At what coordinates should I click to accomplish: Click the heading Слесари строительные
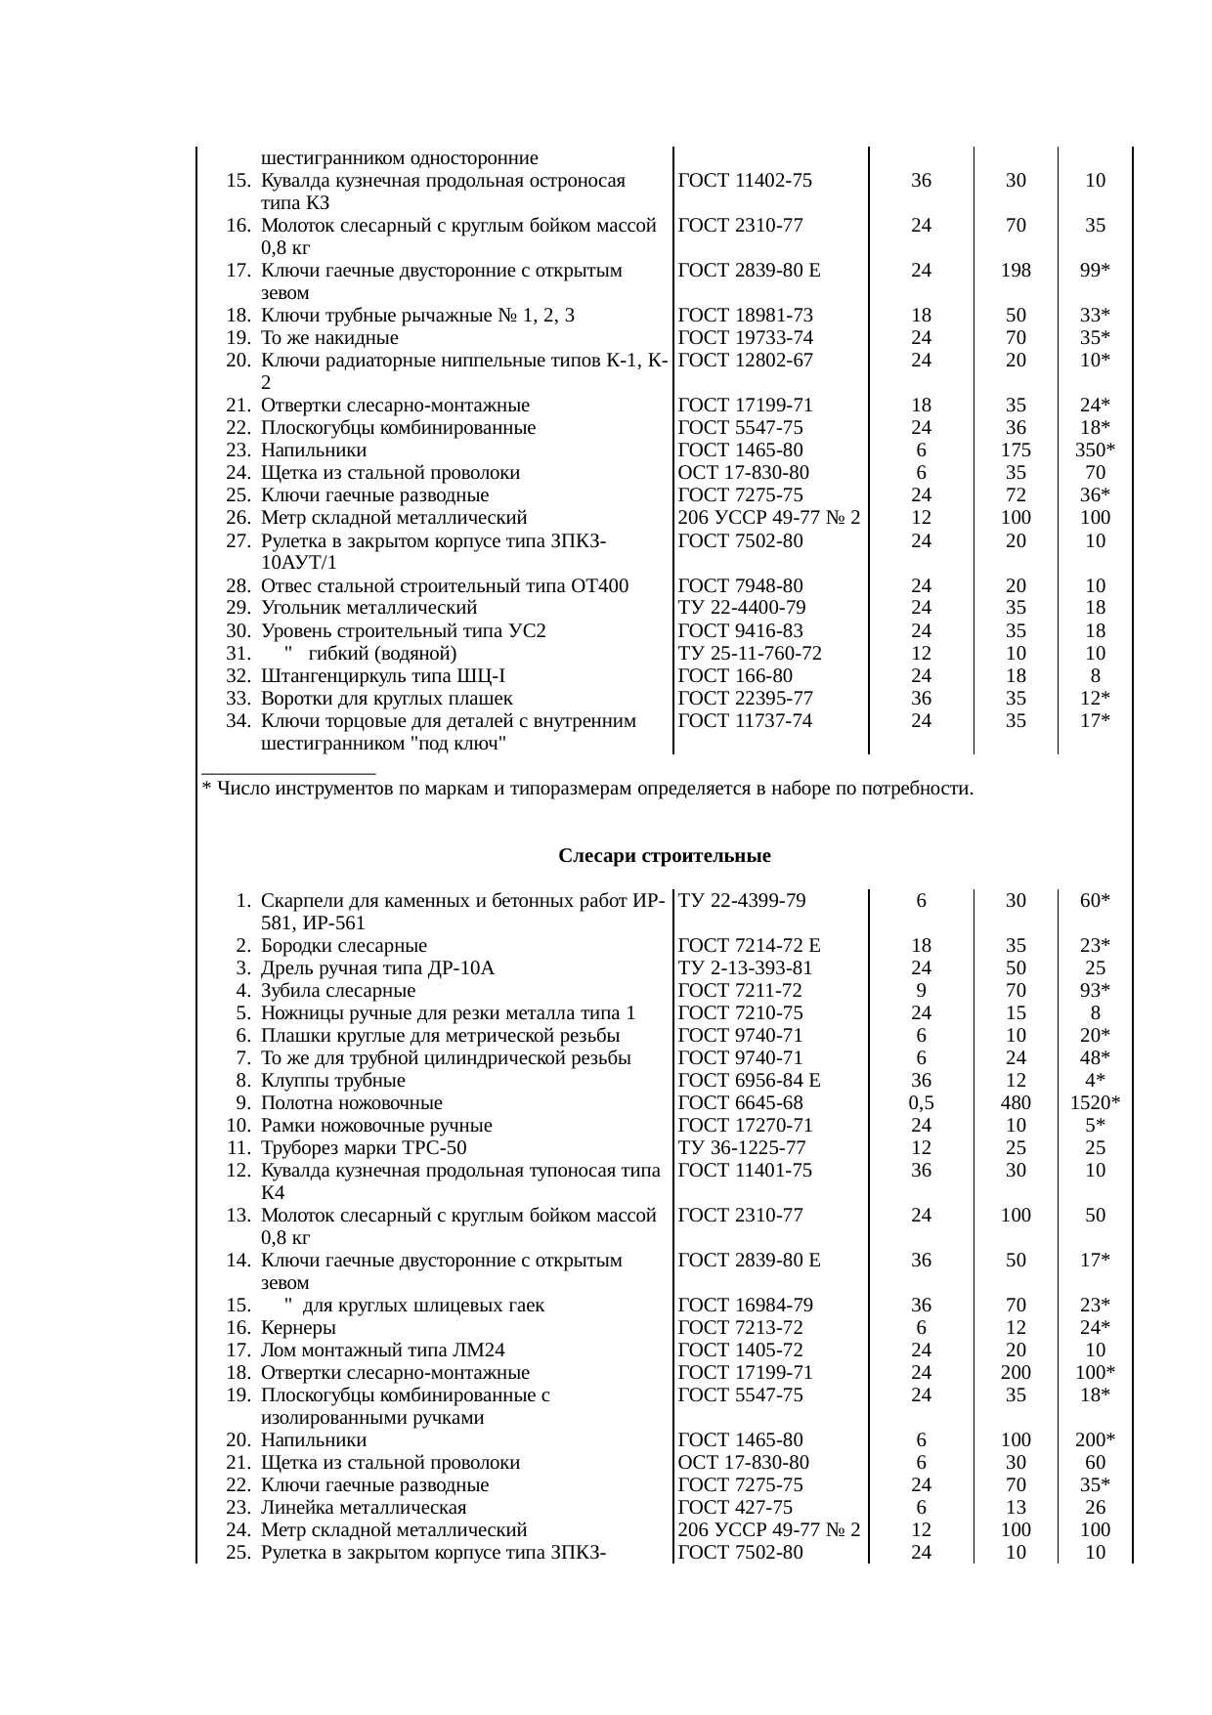665,857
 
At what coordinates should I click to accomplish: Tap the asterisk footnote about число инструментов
586,789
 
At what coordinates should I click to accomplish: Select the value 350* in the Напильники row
1095,450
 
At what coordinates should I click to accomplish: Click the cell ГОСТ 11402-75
745,181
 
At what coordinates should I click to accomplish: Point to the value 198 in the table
1016,271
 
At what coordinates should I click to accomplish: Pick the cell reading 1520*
1095,1103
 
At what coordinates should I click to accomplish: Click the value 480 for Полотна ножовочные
1016,1103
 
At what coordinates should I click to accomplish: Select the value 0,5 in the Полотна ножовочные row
921,1103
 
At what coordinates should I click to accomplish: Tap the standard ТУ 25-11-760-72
750,654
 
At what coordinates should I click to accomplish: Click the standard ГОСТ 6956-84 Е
749,1081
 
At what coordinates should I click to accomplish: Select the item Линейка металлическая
364,1508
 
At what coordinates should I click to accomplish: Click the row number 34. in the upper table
238,721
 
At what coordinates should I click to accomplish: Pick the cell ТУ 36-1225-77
742,1148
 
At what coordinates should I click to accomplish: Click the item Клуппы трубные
333,1081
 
